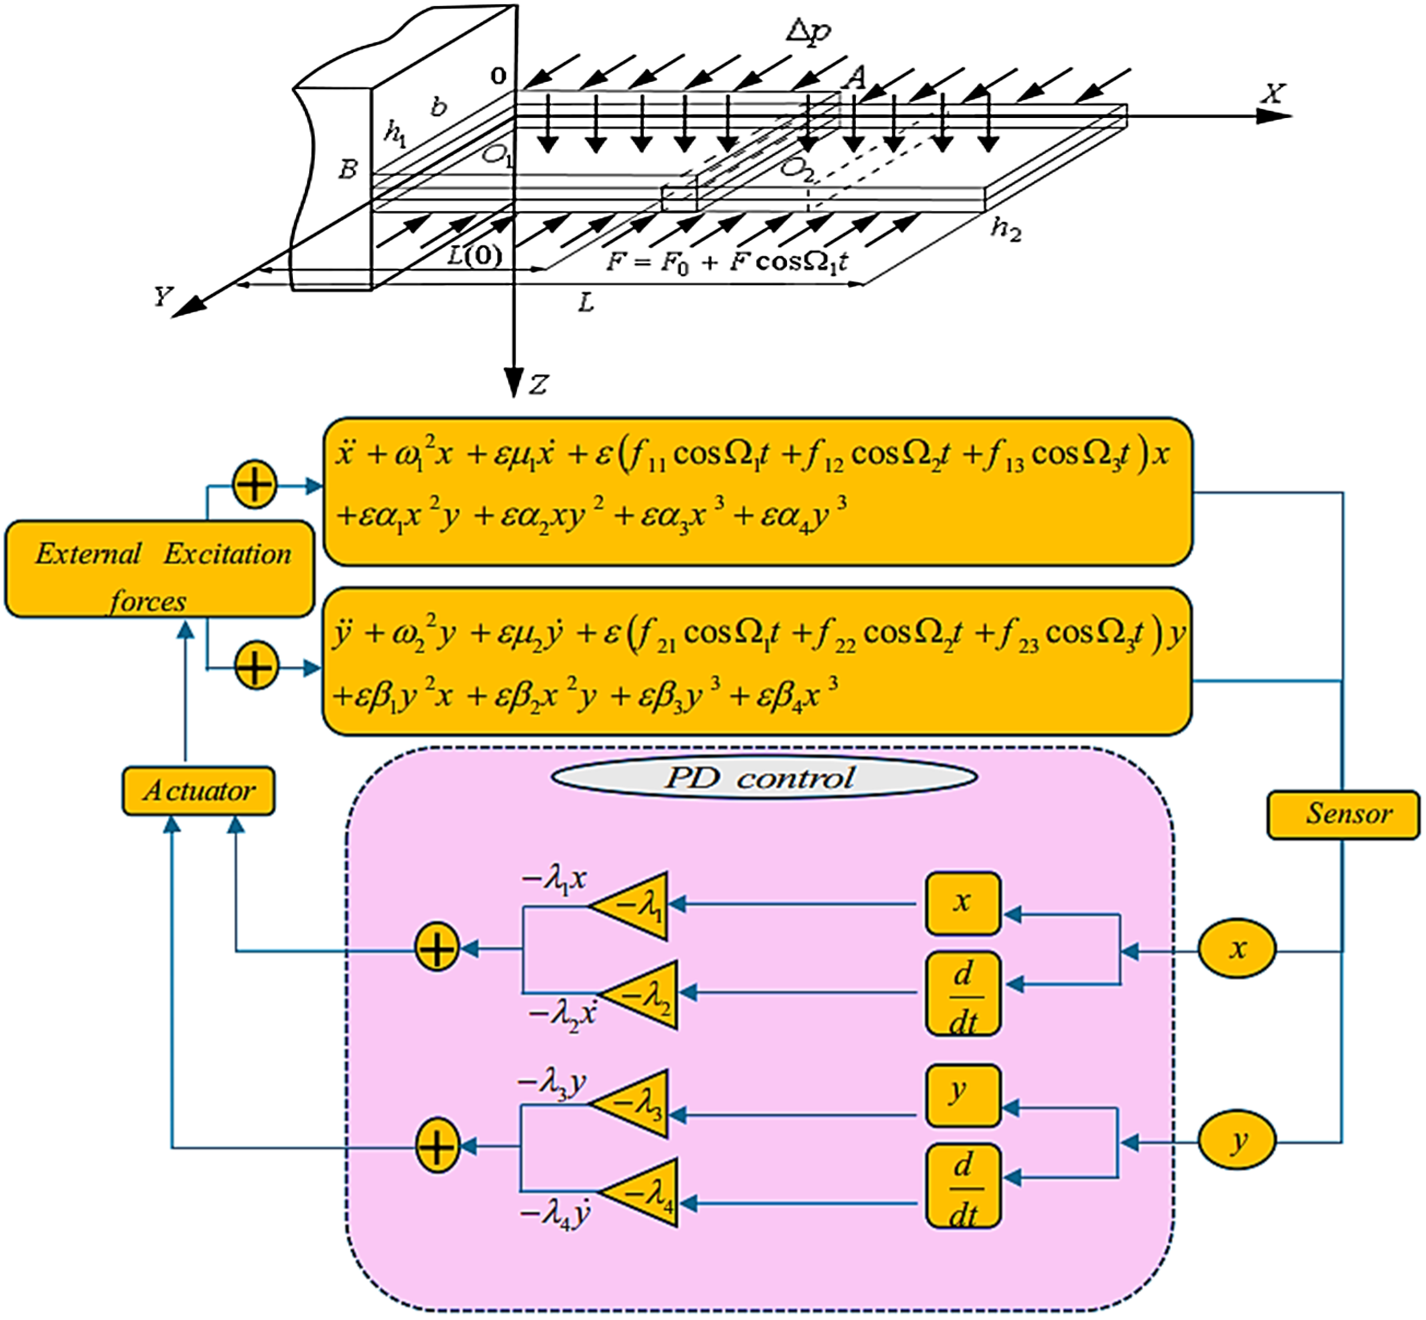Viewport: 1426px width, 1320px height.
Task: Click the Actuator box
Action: coord(198,791)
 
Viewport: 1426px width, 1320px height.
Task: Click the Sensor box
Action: coord(1343,814)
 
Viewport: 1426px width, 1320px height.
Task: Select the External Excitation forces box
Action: coord(160,569)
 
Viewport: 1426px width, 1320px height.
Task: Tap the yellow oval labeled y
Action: coord(1237,1141)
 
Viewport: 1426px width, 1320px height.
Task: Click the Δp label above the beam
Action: coord(809,31)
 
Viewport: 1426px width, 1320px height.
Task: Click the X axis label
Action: coord(1272,93)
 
